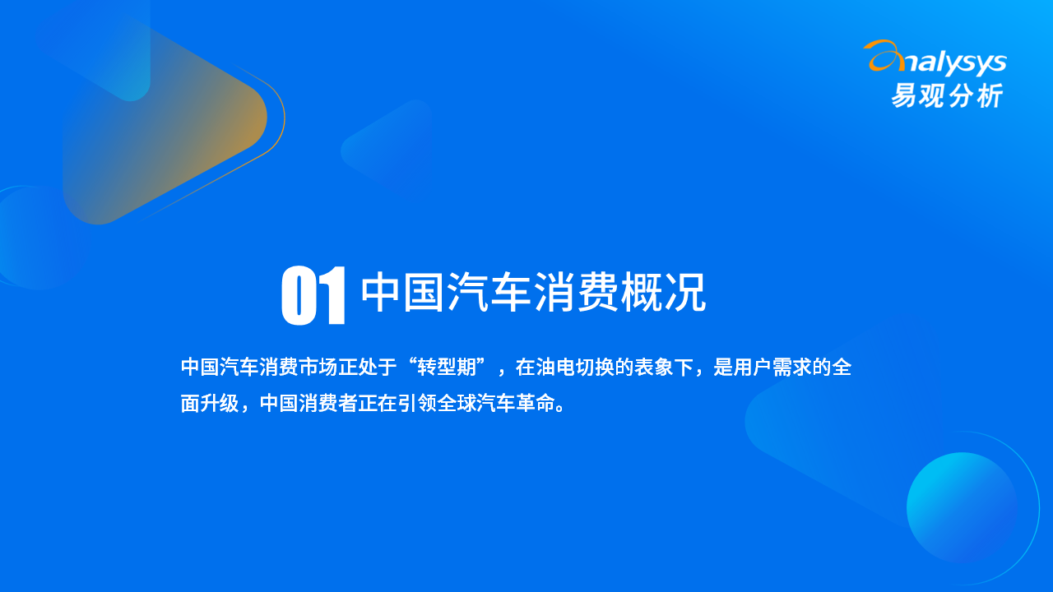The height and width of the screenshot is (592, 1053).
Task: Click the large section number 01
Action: (x=313, y=295)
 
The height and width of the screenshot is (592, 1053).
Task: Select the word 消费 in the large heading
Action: (x=577, y=292)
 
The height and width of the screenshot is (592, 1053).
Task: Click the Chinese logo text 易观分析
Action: (x=947, y=95)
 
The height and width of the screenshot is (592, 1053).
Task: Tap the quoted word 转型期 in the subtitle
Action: (x=447, y=367)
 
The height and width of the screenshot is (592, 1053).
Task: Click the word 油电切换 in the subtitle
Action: (x=575, y=367)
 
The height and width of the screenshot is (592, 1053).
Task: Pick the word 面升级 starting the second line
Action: (x=210, y=403)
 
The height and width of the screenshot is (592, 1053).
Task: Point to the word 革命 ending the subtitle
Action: (x=536, y=403)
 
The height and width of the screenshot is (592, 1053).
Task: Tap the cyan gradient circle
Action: (x=962, y=508)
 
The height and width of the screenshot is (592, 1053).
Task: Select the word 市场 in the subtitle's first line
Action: (x=318, y=367)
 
